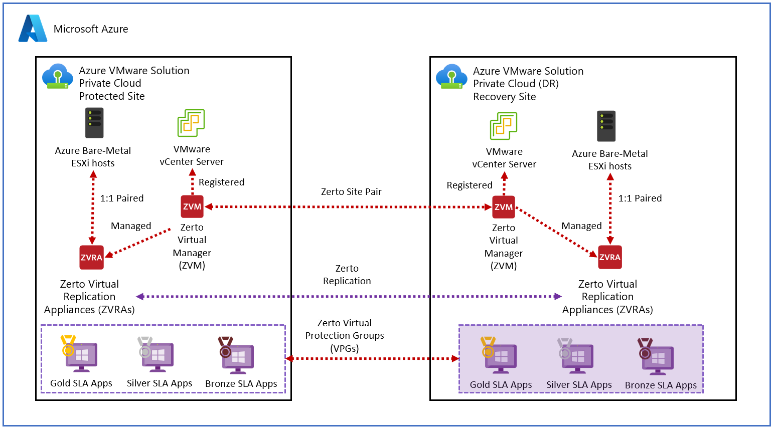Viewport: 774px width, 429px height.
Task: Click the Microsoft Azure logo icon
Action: point(33,29)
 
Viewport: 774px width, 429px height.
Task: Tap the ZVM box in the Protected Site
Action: point(192,206)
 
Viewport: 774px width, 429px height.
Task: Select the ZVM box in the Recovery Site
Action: point(504,207)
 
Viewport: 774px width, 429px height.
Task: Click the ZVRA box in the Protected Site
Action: point(91,257)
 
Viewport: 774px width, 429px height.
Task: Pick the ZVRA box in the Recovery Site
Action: point(609,257)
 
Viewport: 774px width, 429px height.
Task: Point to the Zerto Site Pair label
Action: point(351,192)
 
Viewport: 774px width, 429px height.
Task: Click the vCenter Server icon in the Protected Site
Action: point(191,123)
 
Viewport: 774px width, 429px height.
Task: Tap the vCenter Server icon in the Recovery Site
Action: point(504,126)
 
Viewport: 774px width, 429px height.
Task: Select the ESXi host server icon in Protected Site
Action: point(94,123)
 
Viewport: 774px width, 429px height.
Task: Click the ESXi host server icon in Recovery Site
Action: point(606,126)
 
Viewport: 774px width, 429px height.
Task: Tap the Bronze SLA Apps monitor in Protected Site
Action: point(237,358)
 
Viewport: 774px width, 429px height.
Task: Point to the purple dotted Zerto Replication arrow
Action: point(349,297)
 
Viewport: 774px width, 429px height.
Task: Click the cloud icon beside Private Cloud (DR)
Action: point(451,77)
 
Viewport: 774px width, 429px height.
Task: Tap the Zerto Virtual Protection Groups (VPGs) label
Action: point(345,335)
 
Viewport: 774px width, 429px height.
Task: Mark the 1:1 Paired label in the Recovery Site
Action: point(640,198)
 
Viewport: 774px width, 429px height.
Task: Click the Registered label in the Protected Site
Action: point(221,182)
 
